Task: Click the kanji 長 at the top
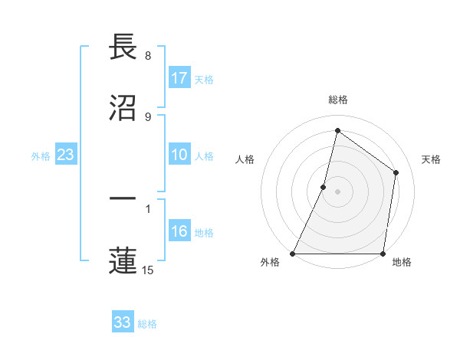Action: pyautogui.click(x=123, y=47)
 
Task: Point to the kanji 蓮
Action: pyautogui.click(x=123, y=259)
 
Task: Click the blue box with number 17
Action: pyautogui.click(x=179, y=78)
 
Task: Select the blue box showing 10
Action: pyautogui.click(x=179, y=155)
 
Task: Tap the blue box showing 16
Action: pyautogui.click(x=179, y=232)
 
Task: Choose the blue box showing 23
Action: pyautogui.click(x=65, y=155)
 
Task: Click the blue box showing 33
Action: pyautogui.click(x=123, y=322)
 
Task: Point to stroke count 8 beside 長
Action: pyautogui.click(x=148, y=56)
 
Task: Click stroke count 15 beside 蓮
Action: pyautogui.click(x=148, y=270)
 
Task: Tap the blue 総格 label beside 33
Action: pyautogui.click(x=147, y=324)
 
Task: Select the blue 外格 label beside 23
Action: pyautogui.click(x=41, y=156)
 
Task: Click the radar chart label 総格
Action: pyautogui.click(x=338, y=100)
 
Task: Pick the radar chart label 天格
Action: pyautogui.click(x=432, y=159)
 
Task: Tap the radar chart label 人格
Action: pyautogui.click(x=245, y=159)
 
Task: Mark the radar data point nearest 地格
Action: pyautogui.click(x=383, y=254)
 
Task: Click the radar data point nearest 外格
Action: pyautogui.click(x=293, y=254)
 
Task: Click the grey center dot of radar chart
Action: pyautogui.click(x=338, y=191)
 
